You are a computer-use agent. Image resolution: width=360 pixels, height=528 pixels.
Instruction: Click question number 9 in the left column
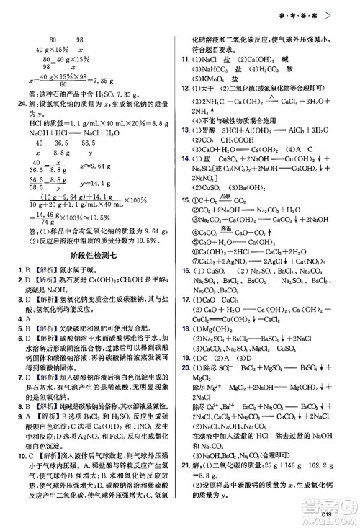[x=23, y=436]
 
